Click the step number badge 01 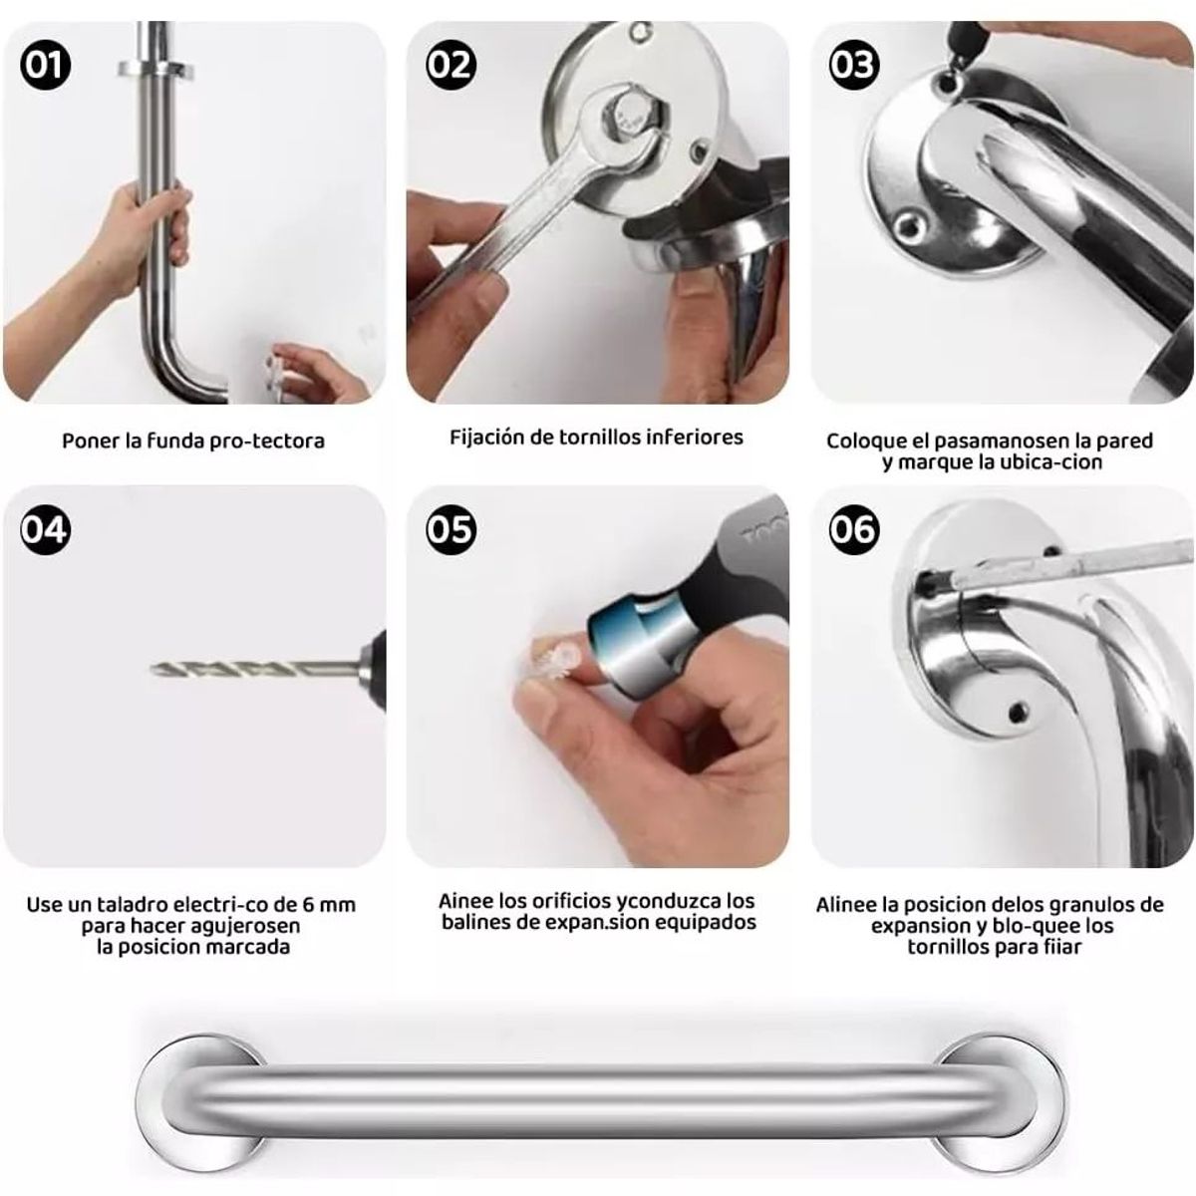[x=45, y=65]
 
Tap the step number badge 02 [x=450, y=65]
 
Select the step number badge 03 [x=854, y=65]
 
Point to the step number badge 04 [x=45, y=529]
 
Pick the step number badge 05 [x=450, y=529]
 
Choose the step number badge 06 [x=854, y=529]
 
